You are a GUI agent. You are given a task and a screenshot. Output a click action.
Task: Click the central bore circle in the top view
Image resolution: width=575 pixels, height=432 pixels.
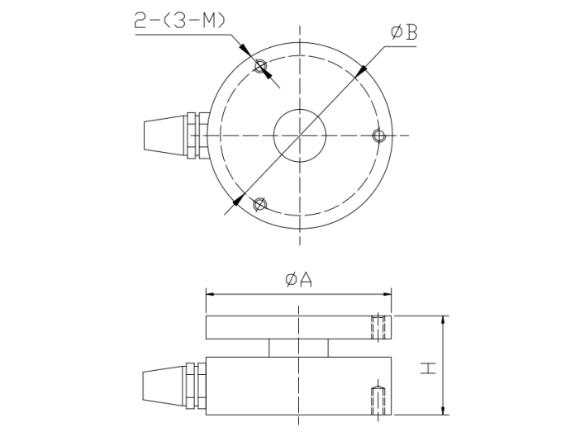298,135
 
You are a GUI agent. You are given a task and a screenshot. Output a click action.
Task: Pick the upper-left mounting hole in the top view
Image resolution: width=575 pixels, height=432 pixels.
261,68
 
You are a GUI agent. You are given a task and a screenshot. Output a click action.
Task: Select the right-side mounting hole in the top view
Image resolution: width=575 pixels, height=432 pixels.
378,135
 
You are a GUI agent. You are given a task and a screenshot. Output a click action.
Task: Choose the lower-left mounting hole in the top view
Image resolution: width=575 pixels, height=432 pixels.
260,203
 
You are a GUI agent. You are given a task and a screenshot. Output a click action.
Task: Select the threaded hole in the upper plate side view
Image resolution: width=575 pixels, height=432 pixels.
378,327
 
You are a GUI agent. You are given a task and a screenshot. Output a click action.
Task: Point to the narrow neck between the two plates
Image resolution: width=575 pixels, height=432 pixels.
298,348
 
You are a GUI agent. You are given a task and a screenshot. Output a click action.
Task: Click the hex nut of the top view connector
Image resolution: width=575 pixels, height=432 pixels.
195,135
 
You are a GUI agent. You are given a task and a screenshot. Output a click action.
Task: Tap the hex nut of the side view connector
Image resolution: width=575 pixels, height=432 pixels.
195,385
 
